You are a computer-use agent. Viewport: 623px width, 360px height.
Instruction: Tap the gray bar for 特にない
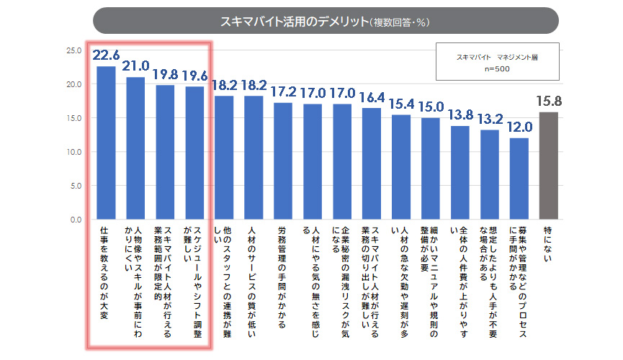549,165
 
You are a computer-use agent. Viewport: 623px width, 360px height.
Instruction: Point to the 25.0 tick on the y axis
73,50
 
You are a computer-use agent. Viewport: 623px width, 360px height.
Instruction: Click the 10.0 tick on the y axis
73,152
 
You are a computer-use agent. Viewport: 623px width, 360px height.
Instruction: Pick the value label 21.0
135,66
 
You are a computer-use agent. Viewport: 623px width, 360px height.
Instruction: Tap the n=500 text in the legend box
497,68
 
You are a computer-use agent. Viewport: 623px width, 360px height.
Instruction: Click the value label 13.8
460,116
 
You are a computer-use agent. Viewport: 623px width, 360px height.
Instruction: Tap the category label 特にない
549,245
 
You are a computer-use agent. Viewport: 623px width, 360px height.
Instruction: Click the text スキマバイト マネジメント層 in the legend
497,56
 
